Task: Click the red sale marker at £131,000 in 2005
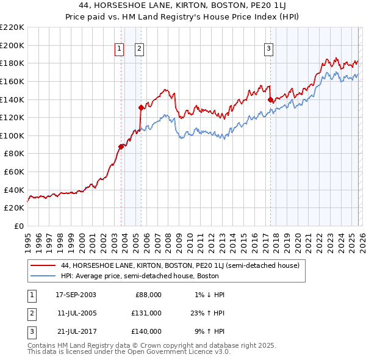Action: (141, 107)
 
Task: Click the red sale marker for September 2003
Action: (121, 146)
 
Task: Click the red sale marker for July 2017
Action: (270, 99)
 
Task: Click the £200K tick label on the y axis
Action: (12, 45)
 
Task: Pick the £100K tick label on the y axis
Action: (12, 135)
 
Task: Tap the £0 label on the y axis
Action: (18, 226)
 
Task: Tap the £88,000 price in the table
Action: (148, 295)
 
